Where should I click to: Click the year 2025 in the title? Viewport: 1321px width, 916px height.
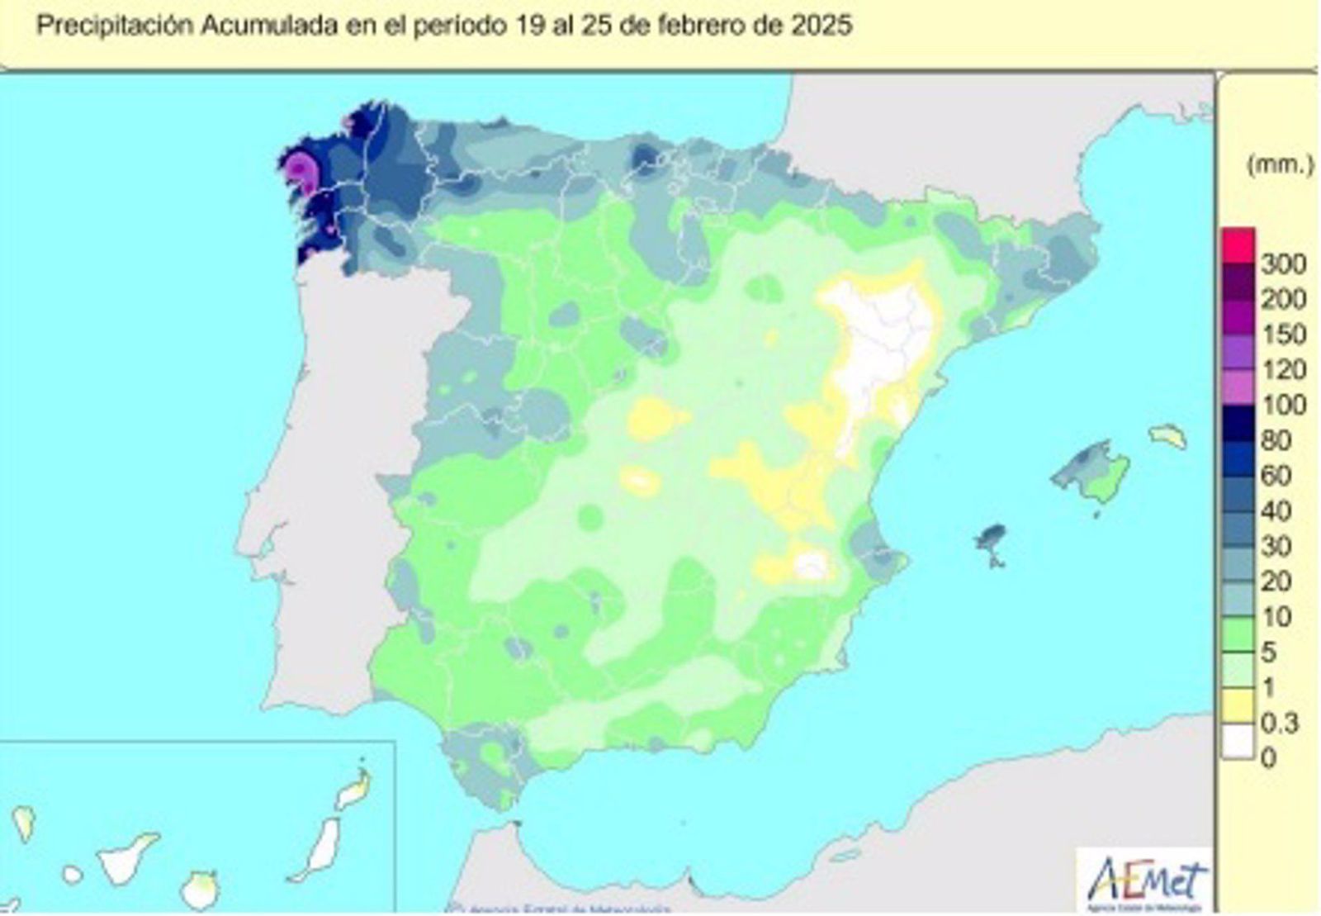(x=820, y=26)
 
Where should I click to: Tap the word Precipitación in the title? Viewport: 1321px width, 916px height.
(x=116, y=26)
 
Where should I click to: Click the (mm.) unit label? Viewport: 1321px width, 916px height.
(x=1279, y=165)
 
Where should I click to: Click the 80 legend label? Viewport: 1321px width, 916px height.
(x=1276, y=440)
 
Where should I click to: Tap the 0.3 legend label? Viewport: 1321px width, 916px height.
(x=1281, y=723)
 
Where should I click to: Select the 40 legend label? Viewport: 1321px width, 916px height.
(x=1276, y=510)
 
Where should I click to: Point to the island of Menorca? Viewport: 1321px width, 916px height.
(x=1168, y=434)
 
